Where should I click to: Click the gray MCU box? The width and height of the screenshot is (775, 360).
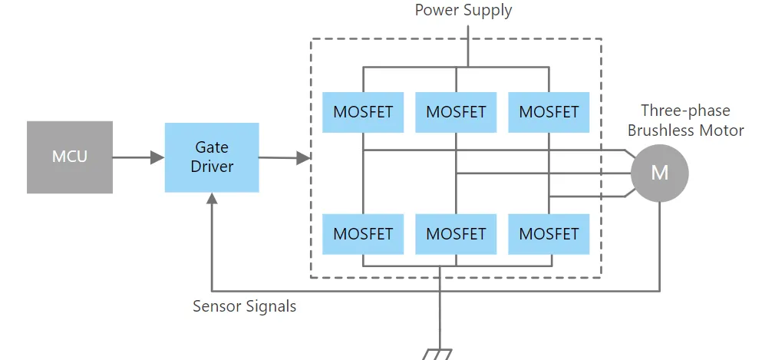[70, 157]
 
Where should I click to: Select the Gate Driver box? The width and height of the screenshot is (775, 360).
[212, 157]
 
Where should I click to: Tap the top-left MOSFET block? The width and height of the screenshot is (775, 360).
[363, 112]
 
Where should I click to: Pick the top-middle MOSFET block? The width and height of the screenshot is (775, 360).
[456, 112]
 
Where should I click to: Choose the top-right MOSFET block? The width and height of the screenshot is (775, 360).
[549, 112]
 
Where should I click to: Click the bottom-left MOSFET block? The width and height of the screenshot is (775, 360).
[363, 233]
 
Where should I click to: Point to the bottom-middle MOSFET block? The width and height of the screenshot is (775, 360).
[456, 233]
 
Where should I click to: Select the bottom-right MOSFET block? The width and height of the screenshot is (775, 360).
[549, 233]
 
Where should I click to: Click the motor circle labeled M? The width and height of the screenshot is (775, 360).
[659, 173]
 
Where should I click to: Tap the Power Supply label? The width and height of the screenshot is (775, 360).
[463, 11]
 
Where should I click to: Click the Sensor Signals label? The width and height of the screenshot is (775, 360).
[245, 306]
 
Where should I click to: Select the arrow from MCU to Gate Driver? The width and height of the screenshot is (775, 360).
[138, 157]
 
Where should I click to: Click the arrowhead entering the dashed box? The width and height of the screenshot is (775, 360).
[304, 158]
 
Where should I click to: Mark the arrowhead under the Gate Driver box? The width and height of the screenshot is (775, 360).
[212, 198]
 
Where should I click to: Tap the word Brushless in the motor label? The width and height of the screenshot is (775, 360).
[661, 130]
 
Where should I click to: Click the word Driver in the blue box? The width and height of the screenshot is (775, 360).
[212, 166]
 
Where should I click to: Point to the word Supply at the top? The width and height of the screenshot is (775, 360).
[488, 11]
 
